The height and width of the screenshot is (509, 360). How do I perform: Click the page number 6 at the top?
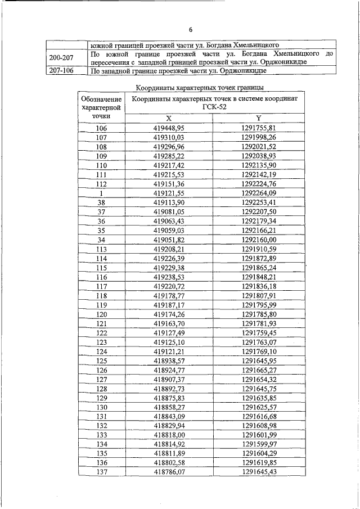190,30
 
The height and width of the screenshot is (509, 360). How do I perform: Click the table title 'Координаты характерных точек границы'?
201,87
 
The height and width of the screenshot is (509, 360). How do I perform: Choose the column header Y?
259,118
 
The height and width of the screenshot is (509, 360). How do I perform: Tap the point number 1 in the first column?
101,192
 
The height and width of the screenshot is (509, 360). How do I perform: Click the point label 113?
101,248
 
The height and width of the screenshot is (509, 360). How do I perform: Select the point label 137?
101,471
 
